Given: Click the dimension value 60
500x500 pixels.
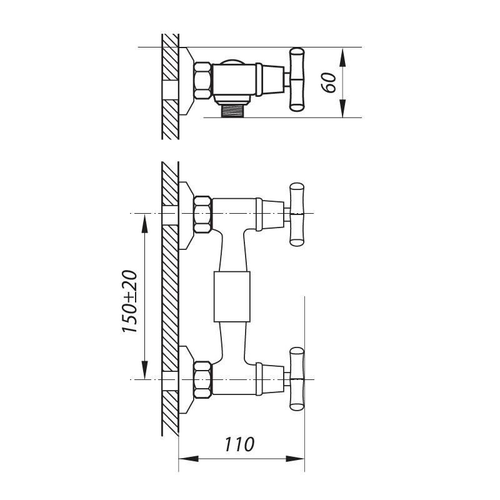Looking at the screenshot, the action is (x=329, y=83).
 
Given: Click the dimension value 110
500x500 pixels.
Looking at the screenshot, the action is (x=239, y=444).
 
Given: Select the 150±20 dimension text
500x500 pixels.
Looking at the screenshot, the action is (x=130, y=302).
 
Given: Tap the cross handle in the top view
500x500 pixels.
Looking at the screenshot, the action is (x=296, y=80).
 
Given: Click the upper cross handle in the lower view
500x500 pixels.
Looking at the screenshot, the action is (x=296, y=214).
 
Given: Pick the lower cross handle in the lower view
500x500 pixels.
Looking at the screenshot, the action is (x=296, y=379).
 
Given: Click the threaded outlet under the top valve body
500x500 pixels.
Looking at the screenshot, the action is (x=234, y=111).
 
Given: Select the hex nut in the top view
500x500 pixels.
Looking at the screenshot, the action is (x=202, y=80).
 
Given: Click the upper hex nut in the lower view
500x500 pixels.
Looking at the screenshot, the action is (x=202, y=214).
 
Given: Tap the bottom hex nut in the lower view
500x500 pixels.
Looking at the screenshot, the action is (x=202, y=379).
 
